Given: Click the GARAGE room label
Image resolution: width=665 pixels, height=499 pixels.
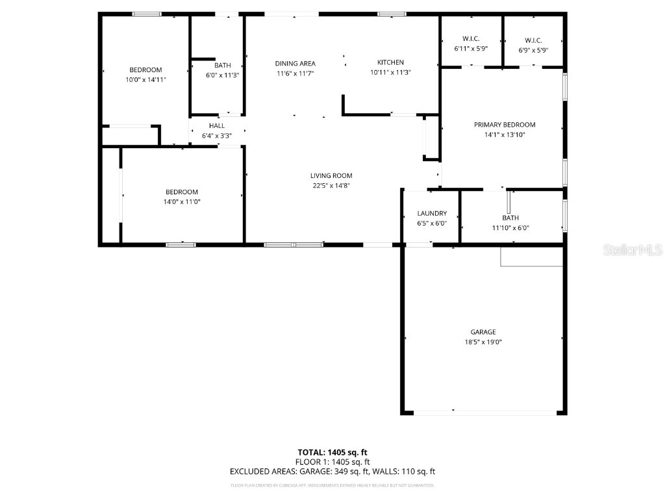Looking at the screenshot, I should (483, 332).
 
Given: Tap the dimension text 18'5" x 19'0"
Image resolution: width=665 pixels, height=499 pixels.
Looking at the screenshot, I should (483, 342).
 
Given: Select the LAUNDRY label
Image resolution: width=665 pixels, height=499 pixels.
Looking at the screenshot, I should (432, 213).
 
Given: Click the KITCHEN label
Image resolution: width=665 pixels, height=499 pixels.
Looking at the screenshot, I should (390, 62).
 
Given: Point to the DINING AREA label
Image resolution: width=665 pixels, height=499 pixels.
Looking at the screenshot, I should (295, 63).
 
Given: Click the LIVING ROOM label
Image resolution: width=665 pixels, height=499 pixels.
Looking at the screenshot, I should (331, 175).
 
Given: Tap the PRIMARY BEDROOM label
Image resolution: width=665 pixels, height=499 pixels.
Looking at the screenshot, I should (505, 125).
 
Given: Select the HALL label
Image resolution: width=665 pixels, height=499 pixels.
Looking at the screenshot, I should (217, 125).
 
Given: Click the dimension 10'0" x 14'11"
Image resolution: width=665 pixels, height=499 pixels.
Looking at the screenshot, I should (145, 80).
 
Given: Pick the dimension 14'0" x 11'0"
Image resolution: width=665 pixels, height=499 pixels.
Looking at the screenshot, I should (182, 202).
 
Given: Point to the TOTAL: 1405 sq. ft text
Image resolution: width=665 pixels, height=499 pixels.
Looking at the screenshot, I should (332, 452).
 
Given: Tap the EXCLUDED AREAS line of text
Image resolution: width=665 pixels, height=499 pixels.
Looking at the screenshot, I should (332, 472).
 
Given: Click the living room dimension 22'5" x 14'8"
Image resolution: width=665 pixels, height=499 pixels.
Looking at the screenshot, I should (331, 186).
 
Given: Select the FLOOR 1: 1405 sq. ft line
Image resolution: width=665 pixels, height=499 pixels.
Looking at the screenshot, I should (332, 462).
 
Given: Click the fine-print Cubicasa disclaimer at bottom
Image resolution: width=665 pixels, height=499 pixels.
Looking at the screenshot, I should (332, 485).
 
